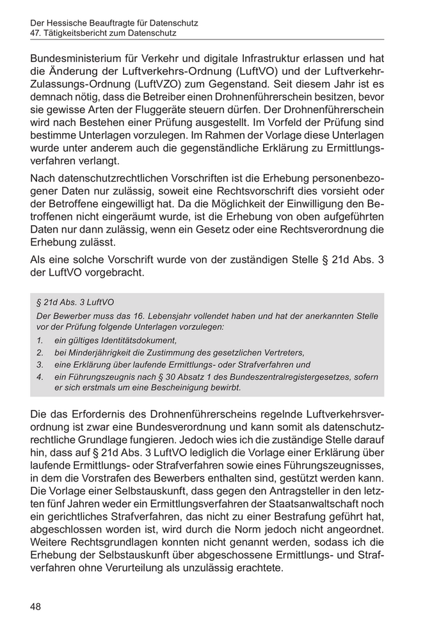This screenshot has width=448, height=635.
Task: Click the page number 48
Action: pos(36,606)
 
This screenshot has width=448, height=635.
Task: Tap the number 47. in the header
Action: pos(37,33)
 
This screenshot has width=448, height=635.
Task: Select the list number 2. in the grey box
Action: pos(40,352)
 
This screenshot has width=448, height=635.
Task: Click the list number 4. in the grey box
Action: pos(40,377)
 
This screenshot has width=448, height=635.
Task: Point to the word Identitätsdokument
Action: pos(134,340)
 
